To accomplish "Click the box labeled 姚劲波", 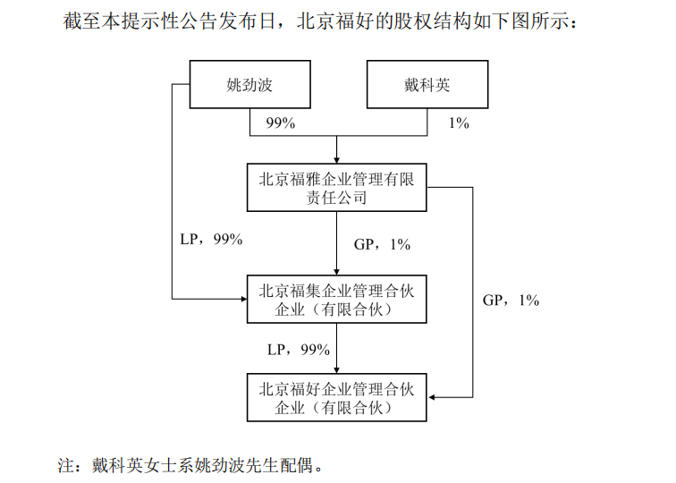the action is coord(250,84).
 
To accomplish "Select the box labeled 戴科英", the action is coord(427,84).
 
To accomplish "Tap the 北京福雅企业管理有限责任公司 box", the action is coord(337,187).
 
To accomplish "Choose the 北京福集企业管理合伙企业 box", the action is coord(337,299).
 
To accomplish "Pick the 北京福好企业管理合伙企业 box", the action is coord(337,397).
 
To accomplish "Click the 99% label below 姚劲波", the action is coord(281,123).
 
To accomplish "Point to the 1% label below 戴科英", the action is coord(459,123).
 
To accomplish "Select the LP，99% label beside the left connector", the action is coord(211,239).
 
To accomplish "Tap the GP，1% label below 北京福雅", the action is coord(382,244).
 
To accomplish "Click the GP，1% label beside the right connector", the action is coord(511,301).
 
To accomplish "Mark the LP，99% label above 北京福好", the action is coord(299,350).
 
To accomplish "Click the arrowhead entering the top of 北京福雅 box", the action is coord(337,160).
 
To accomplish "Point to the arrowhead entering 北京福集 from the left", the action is coord(243,299).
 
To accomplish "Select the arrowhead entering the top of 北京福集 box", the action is coord(337,272).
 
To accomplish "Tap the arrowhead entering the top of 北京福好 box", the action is coord(337,370).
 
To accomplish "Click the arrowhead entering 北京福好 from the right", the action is coord(430,397).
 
